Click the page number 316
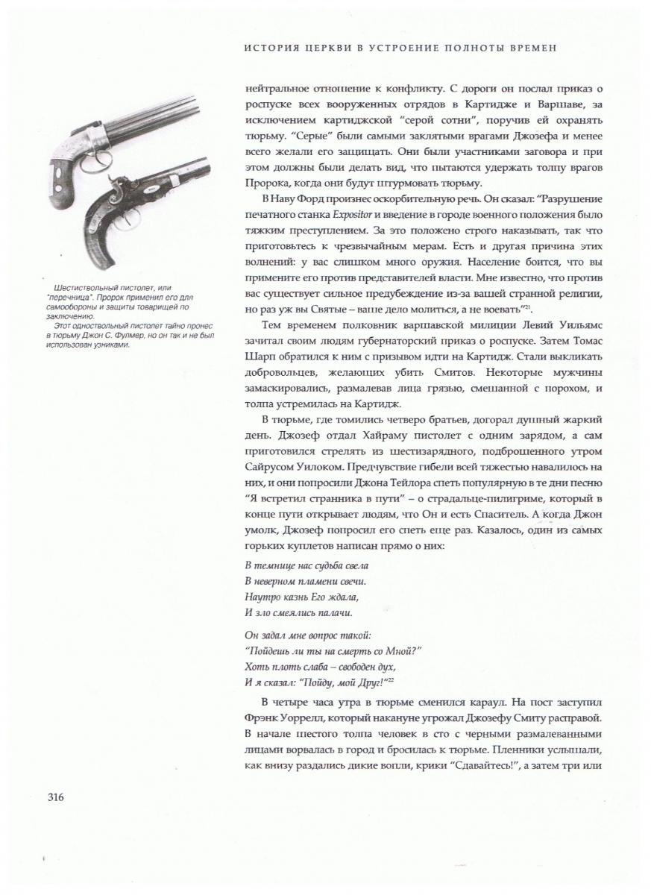(x=55, y=797)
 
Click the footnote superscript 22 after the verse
(x=390, y=678)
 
